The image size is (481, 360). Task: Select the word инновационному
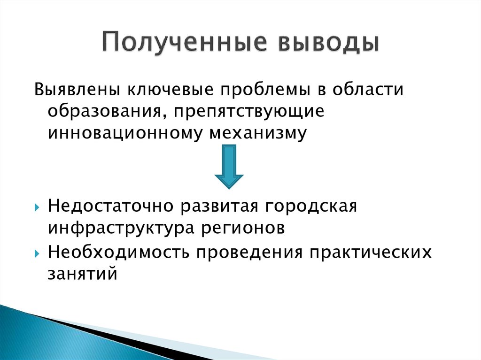123,132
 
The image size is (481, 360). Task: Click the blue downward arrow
229,166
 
